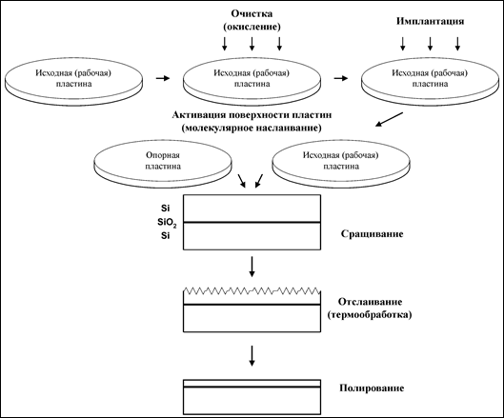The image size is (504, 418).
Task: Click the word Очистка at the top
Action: (252, 14)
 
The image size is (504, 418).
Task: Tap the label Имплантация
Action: (430, 21)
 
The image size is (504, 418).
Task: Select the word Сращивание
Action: (372, 233)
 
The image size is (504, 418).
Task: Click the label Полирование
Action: (372, 388)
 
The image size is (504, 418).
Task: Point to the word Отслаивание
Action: (370, 302)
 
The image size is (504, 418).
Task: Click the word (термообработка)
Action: (370, 315)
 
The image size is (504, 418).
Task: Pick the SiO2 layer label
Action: (167, 223)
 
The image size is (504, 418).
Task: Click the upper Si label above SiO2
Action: (165, 209)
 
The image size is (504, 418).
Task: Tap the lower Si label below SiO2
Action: (165, 236)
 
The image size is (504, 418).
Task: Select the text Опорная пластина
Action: (163, 161)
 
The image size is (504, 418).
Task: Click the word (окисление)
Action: (252, 27)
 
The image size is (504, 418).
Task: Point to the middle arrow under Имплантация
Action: (430, 44)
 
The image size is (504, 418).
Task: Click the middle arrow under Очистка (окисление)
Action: (252, 44)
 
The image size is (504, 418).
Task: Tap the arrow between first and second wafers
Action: (163, 78)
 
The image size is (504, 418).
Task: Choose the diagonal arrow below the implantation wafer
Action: (390, 120)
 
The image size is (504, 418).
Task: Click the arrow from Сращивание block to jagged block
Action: (252, 267)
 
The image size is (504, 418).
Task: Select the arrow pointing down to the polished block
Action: (252, 356)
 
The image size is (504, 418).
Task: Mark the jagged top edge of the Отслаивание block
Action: (252, 290)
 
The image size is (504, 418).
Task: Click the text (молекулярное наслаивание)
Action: (252, 129)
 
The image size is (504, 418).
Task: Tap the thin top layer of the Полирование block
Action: (252, 384)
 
